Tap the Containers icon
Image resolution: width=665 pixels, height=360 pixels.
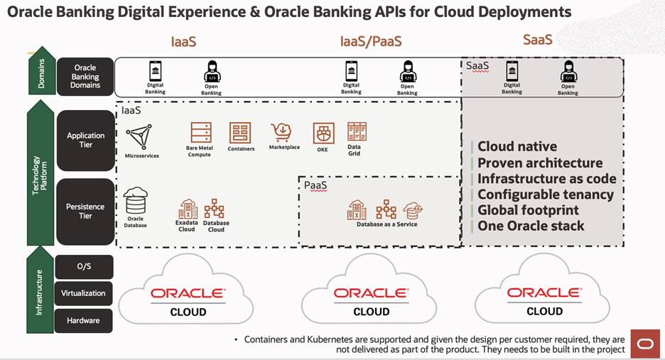[240, 133]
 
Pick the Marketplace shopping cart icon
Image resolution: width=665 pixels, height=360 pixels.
[281, 132]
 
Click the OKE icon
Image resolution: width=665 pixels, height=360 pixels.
[324, 133]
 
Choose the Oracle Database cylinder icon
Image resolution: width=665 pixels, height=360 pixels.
[135, 202]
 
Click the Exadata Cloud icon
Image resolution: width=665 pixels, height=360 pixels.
[188, 209]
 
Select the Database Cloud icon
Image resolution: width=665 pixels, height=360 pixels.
[215, 209]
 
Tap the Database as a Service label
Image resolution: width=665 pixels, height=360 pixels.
[387, 224]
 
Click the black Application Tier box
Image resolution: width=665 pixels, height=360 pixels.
[85, 140]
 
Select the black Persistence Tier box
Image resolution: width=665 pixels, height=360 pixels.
[85, 211]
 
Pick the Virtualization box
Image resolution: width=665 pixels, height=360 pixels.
[83, 293]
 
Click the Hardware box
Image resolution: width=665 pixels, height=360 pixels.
[83, 320]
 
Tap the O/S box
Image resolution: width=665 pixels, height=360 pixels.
[83, 266]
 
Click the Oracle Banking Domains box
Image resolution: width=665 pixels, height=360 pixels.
[85, 77]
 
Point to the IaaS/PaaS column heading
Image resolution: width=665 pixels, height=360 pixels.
[372, 41]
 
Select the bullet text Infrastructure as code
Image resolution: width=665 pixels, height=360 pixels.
[546, 178]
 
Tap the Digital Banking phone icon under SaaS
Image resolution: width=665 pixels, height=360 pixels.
[512, 71]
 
